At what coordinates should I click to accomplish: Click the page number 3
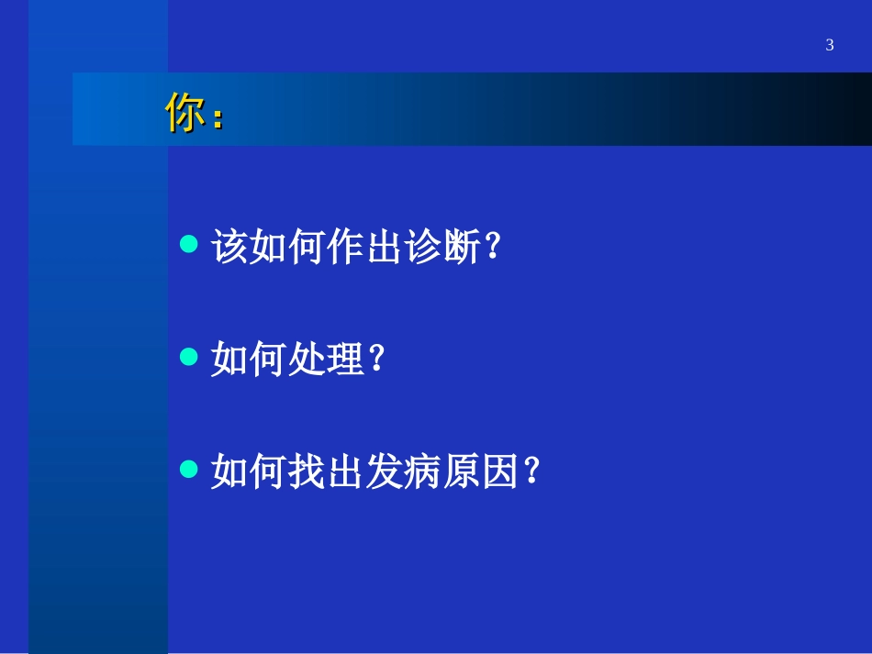[830, 45]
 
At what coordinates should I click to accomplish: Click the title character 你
[184, 113]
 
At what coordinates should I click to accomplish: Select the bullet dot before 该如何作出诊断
[189, 245]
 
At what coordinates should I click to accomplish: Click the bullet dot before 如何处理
[189, 358]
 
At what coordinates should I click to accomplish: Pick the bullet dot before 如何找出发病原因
[189, 470]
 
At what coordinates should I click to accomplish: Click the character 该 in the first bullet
[229, 248]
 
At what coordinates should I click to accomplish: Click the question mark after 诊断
[491, 248]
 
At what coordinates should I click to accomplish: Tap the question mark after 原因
[530, 472]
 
